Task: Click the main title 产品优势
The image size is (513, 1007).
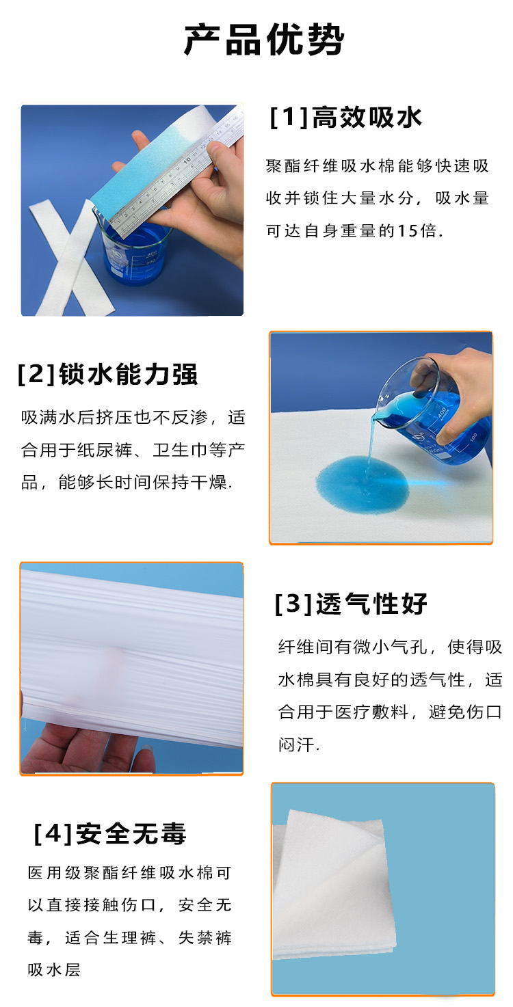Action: (263, 40)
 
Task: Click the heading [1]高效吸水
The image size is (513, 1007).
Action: (346, 118)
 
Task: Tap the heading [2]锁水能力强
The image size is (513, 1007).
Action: (108, 374)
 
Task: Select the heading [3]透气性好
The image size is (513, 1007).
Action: (351, 604)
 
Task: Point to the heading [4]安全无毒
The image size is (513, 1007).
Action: (109, 833)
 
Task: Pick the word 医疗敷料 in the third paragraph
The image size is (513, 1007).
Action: (372, 712)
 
